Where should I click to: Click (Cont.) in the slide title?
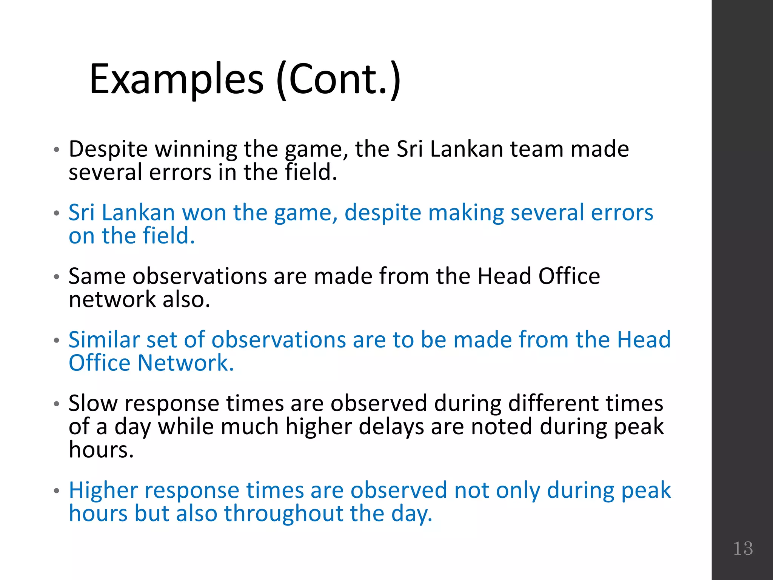[x=338, y=79]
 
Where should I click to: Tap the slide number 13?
[x=743, y=548]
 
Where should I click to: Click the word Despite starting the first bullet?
[x=108, y=149]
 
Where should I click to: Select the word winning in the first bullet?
[x=196, y=149]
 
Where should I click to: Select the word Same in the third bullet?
[x=97, y=276]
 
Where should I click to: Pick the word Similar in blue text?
[x=104, y=339]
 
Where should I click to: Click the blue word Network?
[x=186, y=363]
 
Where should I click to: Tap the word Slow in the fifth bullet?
[x=93, y=403]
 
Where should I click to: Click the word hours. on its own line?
[x=101, y=450]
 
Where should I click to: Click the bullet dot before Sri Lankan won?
[x=56, y=213]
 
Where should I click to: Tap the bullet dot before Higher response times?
[x=56, y=491]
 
